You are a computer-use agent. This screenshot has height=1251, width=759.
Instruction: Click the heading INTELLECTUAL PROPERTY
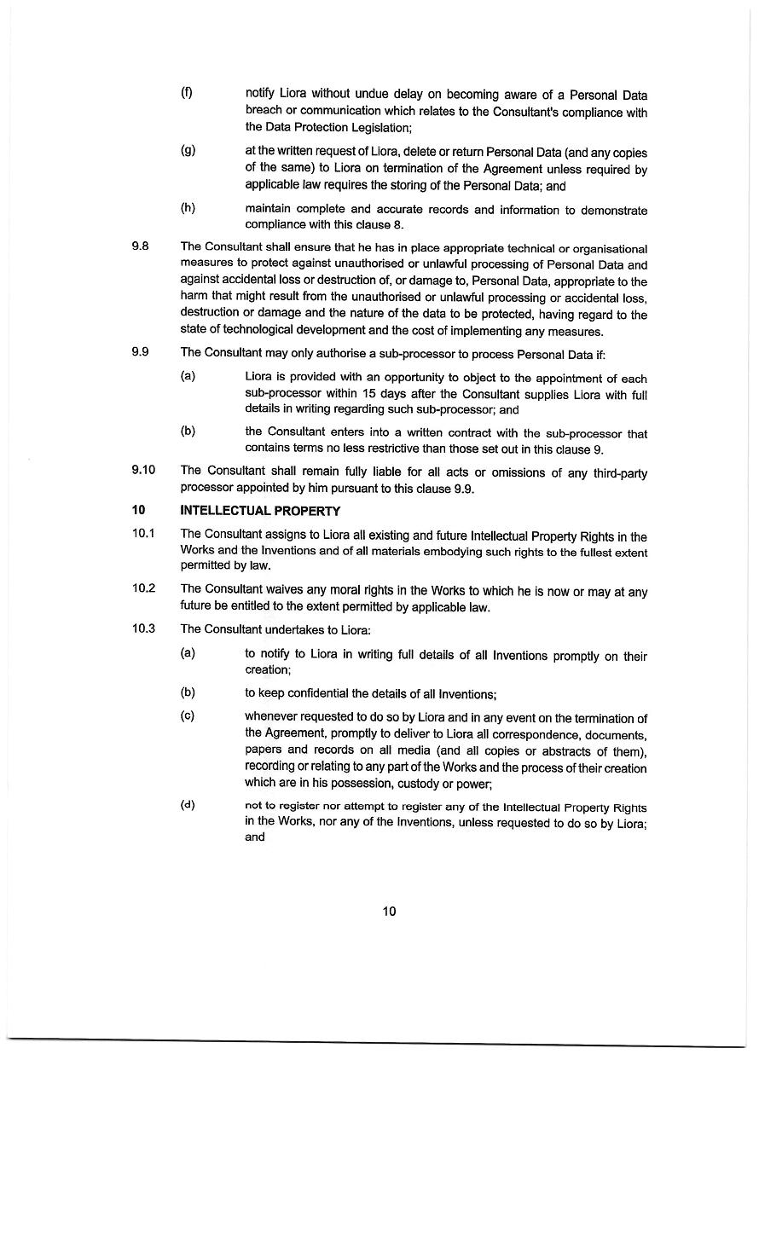click(260, 511)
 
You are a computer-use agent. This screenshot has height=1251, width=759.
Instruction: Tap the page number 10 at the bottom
click(389, 911)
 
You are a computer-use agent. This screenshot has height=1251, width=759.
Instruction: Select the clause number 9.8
click(140, 246)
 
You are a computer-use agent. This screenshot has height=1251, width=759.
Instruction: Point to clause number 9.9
click(140, 351)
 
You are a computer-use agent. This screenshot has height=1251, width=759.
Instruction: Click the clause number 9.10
click(143, 470)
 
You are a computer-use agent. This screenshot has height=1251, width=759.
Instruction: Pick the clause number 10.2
click(143, 588)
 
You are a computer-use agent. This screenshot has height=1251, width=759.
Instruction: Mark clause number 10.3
click(143, 628)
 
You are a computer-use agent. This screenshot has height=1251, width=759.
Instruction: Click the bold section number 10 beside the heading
click(138, 511)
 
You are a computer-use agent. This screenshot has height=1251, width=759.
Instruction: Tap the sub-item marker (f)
click(186, 93)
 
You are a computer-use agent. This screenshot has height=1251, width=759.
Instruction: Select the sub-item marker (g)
click(188, 151)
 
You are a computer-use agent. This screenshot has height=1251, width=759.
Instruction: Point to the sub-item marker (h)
click(188, 207)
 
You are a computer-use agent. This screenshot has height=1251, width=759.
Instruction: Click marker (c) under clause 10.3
click(188, 715)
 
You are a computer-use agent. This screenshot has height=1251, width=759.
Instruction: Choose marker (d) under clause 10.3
click(188, 804)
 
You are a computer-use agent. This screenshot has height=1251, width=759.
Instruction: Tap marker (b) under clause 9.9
click(188, 431)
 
